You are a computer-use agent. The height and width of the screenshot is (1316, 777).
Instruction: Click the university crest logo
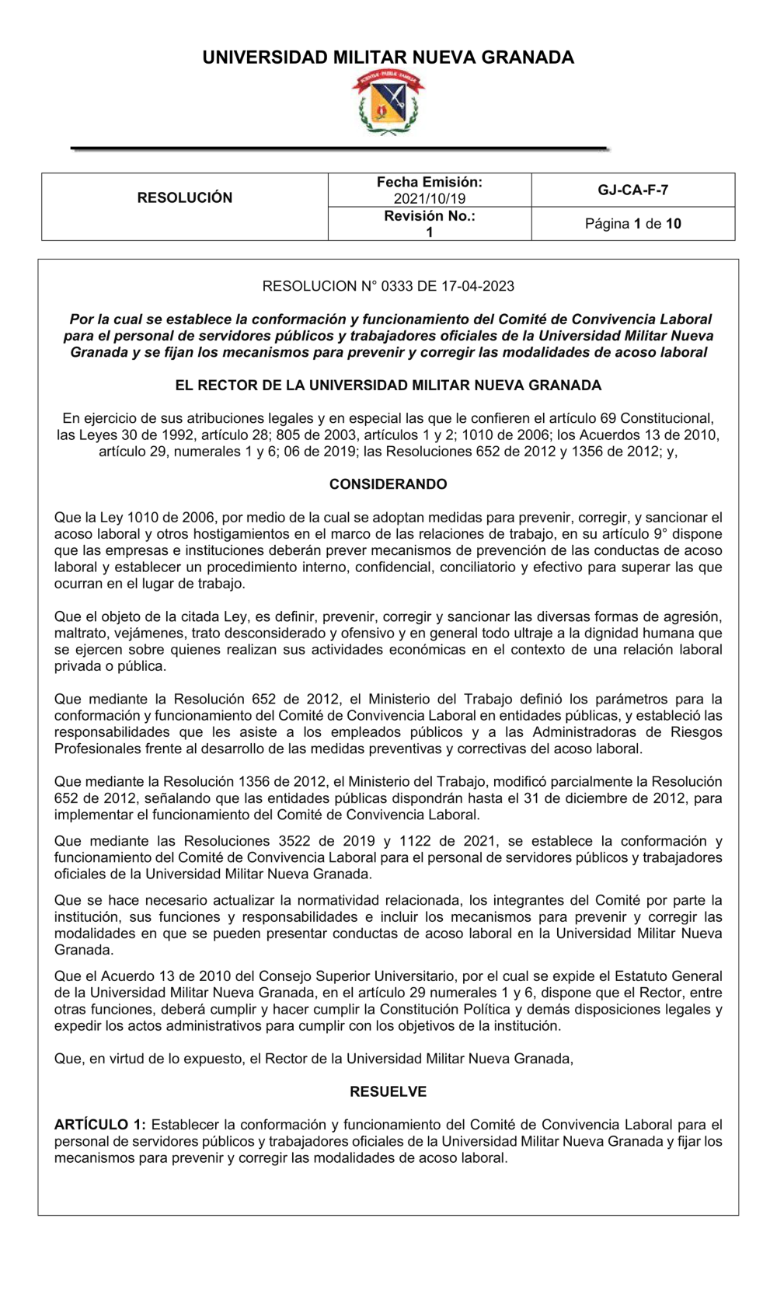pyautogui.click(x=388, y=103)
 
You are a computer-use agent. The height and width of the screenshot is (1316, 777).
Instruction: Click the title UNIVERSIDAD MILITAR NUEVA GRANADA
pyautogui.click(x=388, y=58)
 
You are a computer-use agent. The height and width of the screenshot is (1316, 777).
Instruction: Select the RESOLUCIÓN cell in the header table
pyautogui.click(x=185, y=198)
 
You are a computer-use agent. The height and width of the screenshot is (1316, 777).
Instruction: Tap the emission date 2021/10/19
pyautogui.click(x=430, y=199)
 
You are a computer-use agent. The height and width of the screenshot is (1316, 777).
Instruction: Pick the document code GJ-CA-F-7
pyautogui.click(x=633, y=190)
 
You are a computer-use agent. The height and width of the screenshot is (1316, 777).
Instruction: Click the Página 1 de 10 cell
pyautogui.click(x=633, y=224)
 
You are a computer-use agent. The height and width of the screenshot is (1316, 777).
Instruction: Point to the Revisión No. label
pyautogui.click(x=430, y=216)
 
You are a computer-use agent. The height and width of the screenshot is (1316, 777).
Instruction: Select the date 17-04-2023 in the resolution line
pyautogui.click(x=478, y=286)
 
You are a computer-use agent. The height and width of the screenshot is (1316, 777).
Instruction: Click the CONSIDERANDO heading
pyautogui.click(x=388, y=484)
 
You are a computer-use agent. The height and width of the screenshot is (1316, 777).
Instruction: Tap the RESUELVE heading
pyautogui.click(x=388, y=1092)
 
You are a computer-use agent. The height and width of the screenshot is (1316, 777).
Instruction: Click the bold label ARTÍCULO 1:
pyautogui.click(x=100, y=1125)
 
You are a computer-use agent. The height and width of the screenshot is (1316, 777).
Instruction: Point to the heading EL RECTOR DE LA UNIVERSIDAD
pyautogui.click(x=388, y=386)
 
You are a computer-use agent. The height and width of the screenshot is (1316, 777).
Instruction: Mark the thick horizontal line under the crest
pyautogui.click(x=340, y=148)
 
